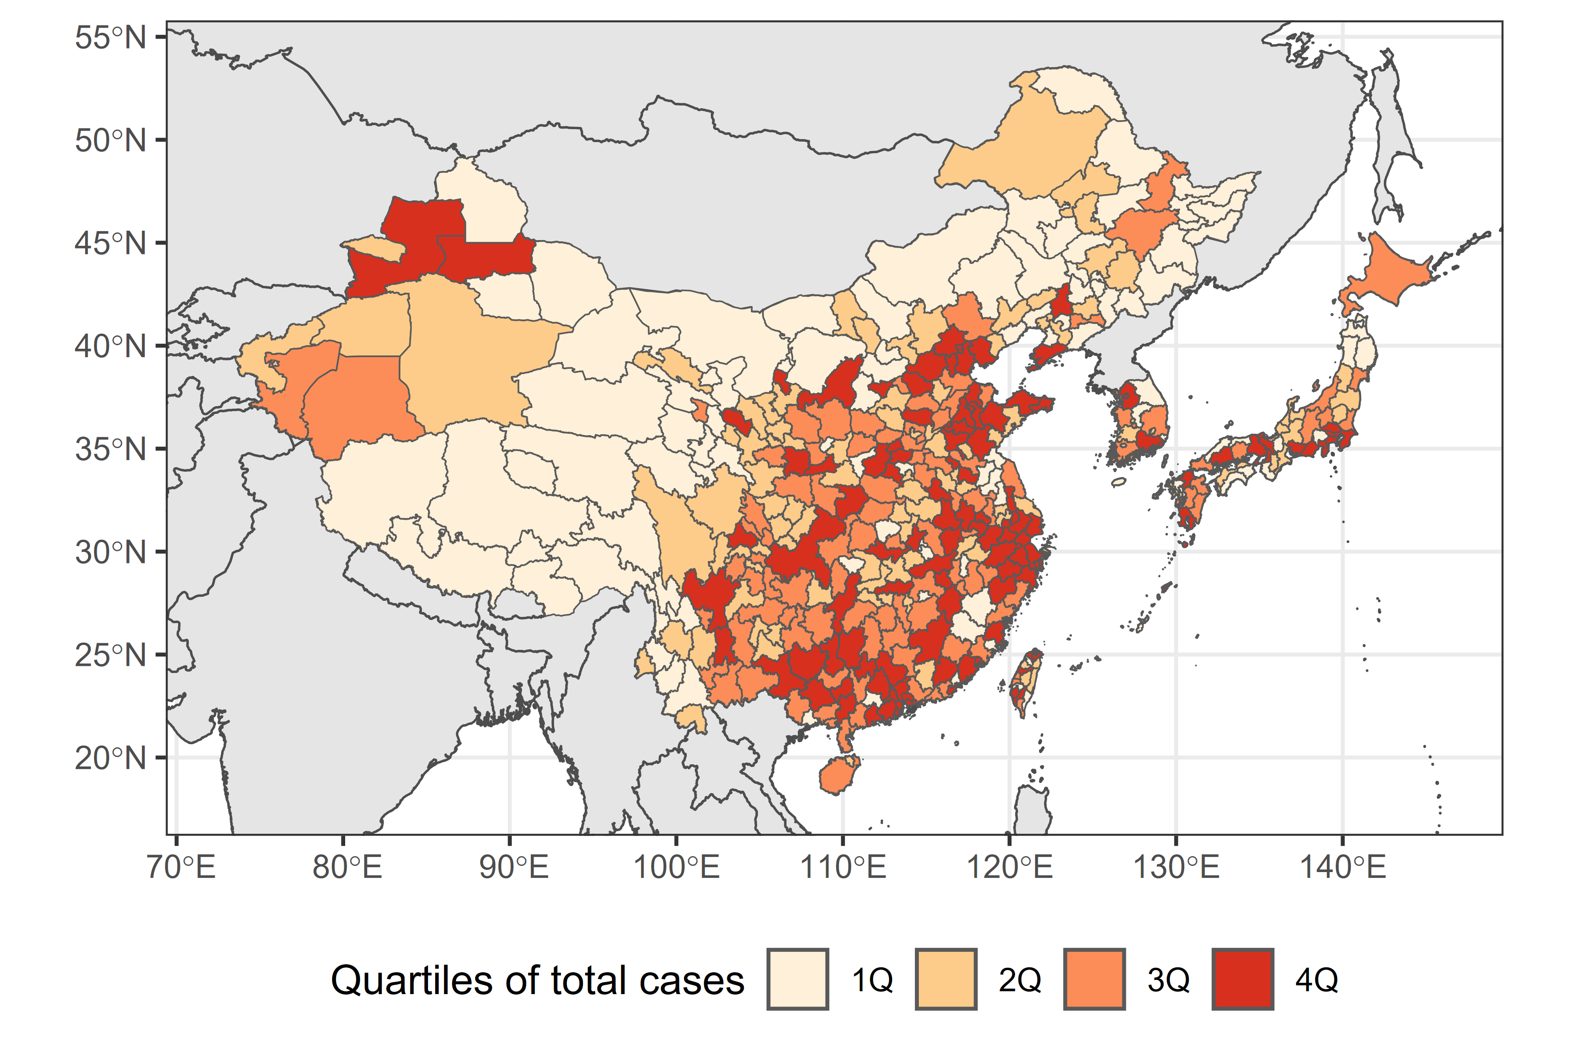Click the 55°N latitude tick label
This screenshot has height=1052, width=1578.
point(110,37)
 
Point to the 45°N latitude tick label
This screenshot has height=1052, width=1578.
point(110,244)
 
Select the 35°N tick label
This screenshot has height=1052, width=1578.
point(110,449)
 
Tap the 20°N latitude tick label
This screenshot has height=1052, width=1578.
point(110,758)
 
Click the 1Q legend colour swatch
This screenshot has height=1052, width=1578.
point(798,979)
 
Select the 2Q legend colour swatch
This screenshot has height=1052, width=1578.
point(946,979)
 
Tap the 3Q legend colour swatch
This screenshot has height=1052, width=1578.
point(1094,979)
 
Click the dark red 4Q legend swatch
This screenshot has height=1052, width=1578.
point(1243,979)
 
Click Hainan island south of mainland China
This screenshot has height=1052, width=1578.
point(839,775)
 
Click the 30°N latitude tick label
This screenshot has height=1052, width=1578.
point(110,553)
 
